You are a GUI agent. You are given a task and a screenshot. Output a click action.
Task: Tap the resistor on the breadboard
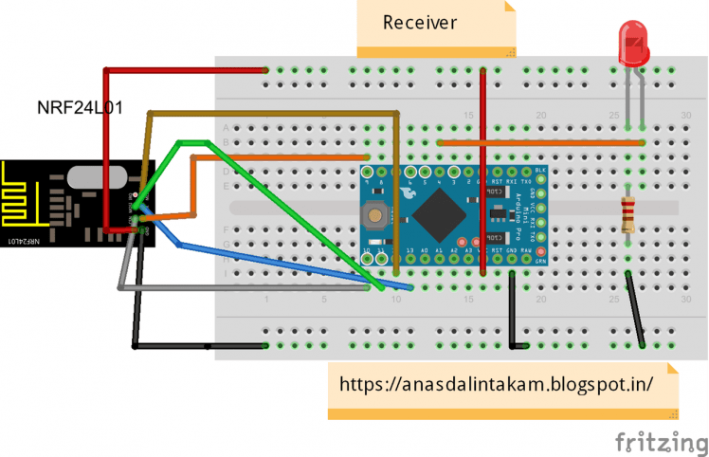pos(627,215)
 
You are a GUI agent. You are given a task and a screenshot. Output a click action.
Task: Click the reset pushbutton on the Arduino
pos(376,215)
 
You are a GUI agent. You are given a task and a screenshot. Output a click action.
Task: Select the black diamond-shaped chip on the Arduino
pos(435,214)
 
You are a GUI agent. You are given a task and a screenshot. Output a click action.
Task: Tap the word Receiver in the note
pos(420,22)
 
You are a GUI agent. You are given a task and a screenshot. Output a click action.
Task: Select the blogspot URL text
pos(497,385)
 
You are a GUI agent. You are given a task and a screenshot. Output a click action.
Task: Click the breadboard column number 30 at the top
pos(686,115)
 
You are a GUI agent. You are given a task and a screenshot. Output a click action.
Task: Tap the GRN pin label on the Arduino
pos(540,259)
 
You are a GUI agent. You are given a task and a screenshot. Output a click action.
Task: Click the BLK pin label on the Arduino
pos(540,170)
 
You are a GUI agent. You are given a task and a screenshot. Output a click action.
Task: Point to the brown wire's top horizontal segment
pos(275,113)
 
